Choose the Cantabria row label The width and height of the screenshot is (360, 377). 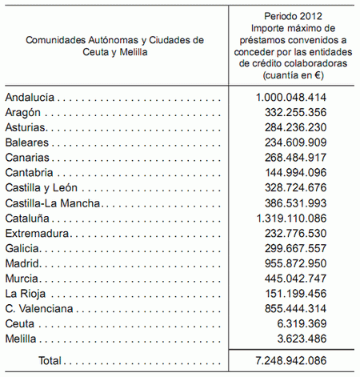30,173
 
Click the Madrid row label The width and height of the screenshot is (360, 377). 22,263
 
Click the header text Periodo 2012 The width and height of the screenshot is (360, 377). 294,16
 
